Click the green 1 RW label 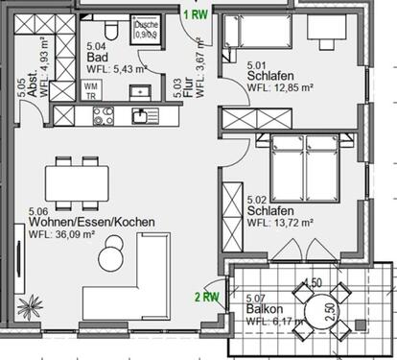(x=198, y=13)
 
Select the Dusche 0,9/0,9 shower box (x=146, y=30)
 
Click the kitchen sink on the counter (x=140, y=117)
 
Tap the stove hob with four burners (x=104, y=117)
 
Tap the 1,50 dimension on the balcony (x=312, y=284)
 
